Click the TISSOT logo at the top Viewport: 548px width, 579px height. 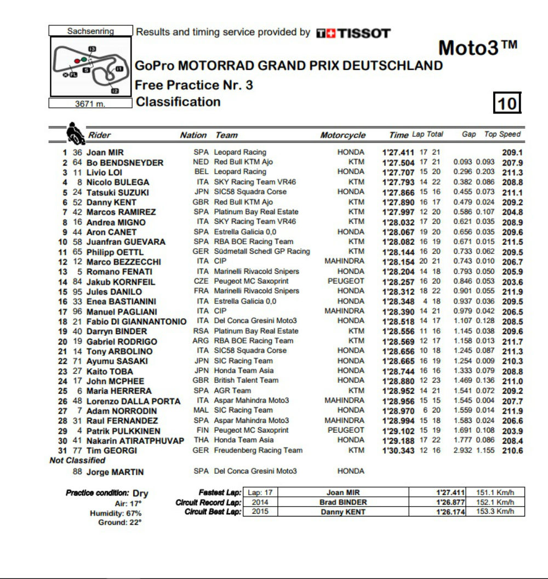[353, 33]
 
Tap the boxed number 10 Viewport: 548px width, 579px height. [507, 103]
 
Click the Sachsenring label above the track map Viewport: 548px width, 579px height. [90, 31]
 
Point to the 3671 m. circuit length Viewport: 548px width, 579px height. [90, 104]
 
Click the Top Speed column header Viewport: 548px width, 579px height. [503, 134]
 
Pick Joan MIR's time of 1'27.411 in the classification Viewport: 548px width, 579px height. [398, 152]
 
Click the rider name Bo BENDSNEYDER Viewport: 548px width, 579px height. [124, 163]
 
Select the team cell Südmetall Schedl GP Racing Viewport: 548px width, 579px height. [262, 251]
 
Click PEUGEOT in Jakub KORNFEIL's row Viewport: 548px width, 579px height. [346, 281]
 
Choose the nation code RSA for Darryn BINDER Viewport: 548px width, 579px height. [201, 331]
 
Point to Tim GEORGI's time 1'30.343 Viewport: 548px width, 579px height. [398, 450]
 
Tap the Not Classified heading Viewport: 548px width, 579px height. [77, 461]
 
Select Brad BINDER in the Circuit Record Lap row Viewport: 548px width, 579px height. [343, 502]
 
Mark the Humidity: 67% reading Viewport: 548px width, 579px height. [116, 513]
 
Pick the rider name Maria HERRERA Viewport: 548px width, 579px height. [119, 391]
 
